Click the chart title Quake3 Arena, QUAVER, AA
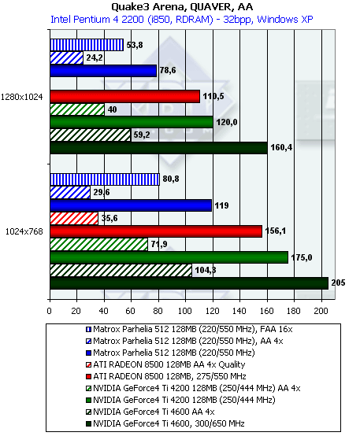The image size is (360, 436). (x=182, y=6)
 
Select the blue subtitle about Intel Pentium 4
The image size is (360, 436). (x=181, y=20)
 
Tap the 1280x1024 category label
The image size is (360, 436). (x=22, y=97)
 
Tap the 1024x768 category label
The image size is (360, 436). (x=24, y=231)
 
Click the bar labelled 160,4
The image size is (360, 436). (x=158, y=148)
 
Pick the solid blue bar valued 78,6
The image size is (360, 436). (x=103, y=71)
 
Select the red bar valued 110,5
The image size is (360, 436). (x=125, y=97)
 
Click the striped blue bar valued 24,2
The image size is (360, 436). (x=66, y=57)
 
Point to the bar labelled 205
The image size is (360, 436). (x=189, y=283)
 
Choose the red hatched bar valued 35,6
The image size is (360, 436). (x=74, y=218)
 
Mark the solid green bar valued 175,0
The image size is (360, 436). (x=169, y=257)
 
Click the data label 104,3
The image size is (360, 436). (x=206, y=270)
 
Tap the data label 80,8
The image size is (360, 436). (x=171, y=179)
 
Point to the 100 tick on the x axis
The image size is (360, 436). (x=185, y=311)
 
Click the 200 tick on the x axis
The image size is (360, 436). (x=321, y=311)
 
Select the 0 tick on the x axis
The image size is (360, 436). (x=50, y=311)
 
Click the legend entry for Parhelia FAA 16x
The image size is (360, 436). (x=189, y=330)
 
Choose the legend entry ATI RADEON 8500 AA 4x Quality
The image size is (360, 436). (x=165, y=364)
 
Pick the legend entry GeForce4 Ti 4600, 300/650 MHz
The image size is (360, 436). (x=165, y=423)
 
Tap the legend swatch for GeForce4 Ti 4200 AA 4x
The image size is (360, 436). (x=88, y=389)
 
